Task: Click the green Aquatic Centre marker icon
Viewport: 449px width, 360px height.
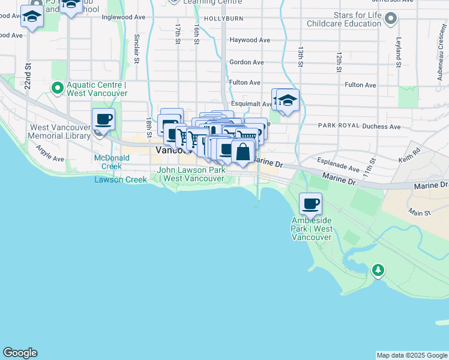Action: point(58,89)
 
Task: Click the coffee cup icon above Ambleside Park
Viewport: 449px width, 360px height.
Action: point(310,205)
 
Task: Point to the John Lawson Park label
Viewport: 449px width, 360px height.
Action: point(191,174)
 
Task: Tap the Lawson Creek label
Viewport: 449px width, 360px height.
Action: point(120,179)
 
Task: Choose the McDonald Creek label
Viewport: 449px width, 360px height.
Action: point(108,162)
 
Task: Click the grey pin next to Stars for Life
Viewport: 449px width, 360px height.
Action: point(391,19)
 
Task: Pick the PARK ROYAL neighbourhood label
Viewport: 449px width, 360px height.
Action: point(338,126)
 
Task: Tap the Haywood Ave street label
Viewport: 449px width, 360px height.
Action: point(250,40)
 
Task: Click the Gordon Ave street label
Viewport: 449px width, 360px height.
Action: point(246,62)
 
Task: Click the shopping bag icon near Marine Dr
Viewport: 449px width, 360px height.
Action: point(243,152)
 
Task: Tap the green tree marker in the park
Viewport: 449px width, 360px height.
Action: point(378,271)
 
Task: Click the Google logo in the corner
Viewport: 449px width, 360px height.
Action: point(20,353)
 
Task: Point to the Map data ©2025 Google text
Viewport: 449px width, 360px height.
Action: point(412,355)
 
